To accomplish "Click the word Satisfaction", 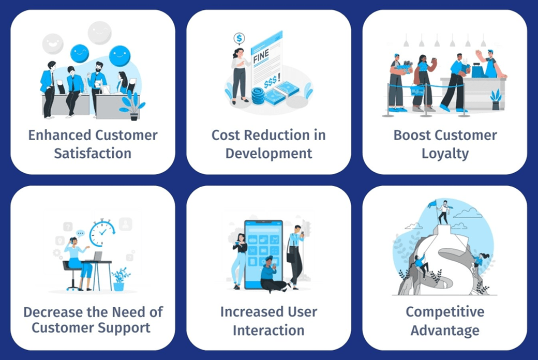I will coord(93,153).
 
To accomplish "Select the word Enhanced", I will coord(59,136).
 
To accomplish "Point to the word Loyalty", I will coord(444,153).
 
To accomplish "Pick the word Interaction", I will coord(268,329).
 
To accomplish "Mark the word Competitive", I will coord(445,312).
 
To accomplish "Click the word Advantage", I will coord(445,329).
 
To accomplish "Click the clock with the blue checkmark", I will coord(102,234).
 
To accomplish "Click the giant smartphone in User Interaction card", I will coord(263,253).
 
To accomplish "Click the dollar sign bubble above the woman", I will coord(239,38).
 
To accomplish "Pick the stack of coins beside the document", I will coord(258,96).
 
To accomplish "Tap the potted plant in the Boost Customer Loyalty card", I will coord(496,99).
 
